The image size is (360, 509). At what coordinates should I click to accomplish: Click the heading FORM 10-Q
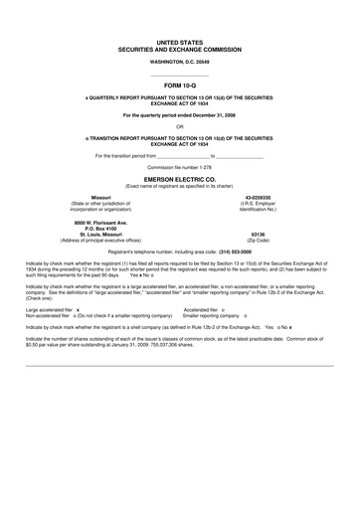point(180,87)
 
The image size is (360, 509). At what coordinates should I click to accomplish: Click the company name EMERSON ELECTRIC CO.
point(179,178)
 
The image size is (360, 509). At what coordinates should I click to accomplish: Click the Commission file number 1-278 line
point(179,168)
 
